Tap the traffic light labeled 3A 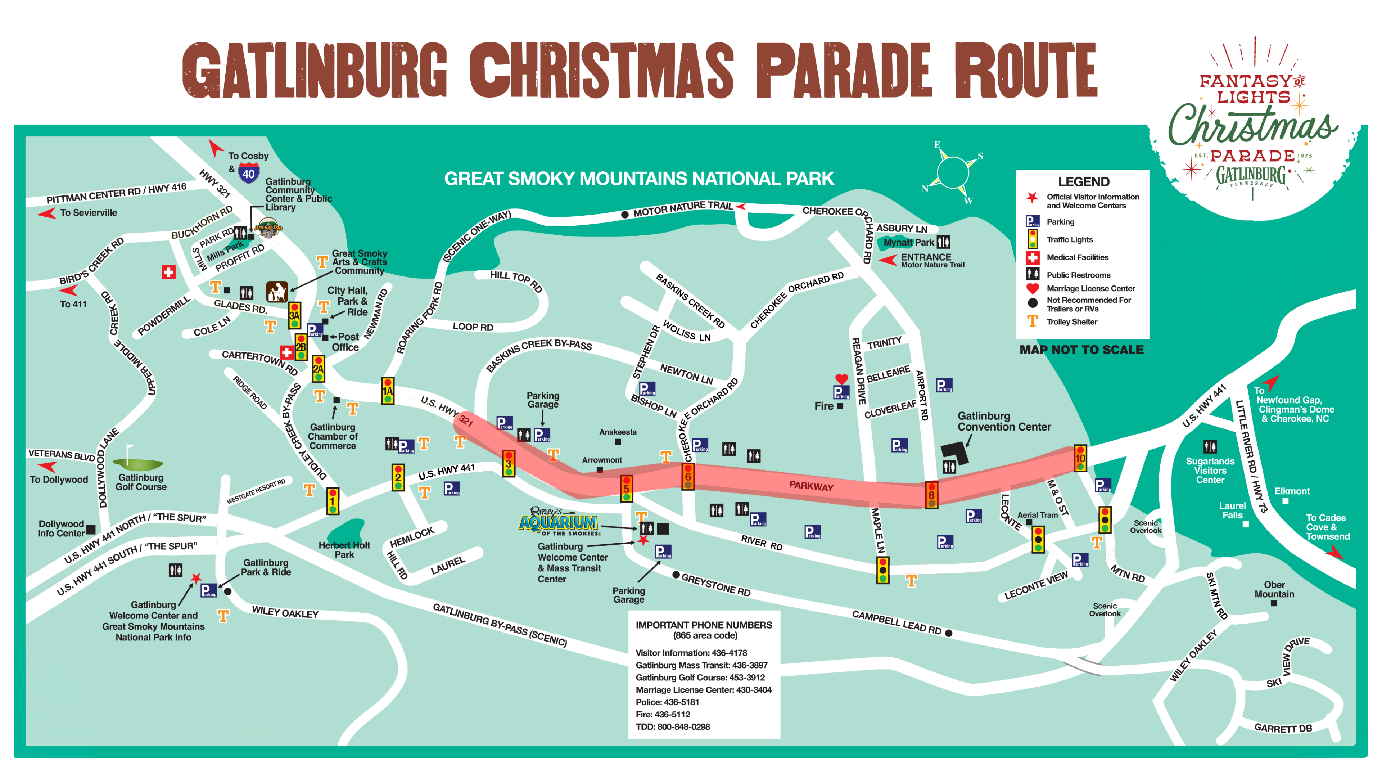click(x=294, y=315)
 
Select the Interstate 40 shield click(x=248, y=173)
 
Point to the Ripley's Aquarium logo click(x=559, y=521)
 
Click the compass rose click(x=953, y=172)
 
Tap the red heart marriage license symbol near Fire click(x=841, y=379)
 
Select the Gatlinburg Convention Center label click(x=1004, y=421)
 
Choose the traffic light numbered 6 click(x=688, y=476)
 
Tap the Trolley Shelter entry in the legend click(x=1071, y=322)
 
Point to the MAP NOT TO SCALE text click(x=1081, y=350)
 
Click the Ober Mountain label click(x=1274, y=590)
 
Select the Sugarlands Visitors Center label click(x=1210, y=471)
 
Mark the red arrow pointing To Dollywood click(x=48, y=466)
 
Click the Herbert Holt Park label click(x=344, y=550)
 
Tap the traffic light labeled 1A click(x=387, y=391)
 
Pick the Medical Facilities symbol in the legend click(x=1032, y=257)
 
